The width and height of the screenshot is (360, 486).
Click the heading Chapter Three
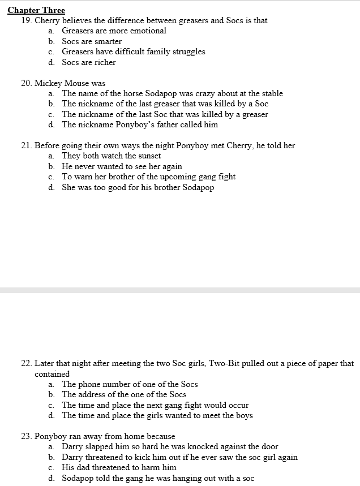36,10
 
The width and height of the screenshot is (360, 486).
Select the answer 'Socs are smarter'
92,41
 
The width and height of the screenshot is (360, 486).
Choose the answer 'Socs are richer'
89,62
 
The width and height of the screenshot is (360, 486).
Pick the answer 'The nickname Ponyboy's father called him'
140,124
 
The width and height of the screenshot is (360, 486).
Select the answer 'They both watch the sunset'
112,156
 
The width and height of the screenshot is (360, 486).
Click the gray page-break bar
180,290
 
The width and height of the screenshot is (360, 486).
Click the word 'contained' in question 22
52,374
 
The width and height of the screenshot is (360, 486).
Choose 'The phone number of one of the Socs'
130,384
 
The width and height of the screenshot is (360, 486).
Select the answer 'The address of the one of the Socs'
124,394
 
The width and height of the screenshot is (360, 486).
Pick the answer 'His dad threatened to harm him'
119,467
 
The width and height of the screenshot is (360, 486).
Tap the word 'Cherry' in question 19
48,20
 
